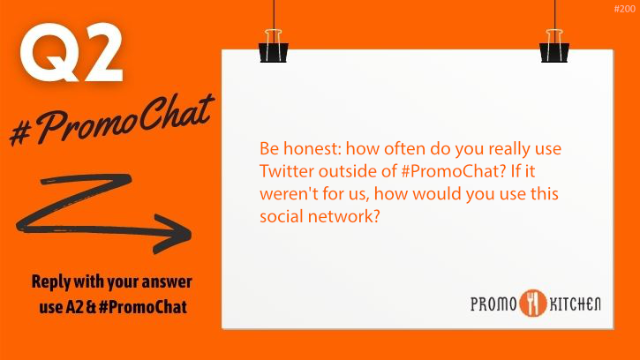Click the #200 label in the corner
pos(623,8)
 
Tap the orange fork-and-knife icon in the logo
pos(533,303)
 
